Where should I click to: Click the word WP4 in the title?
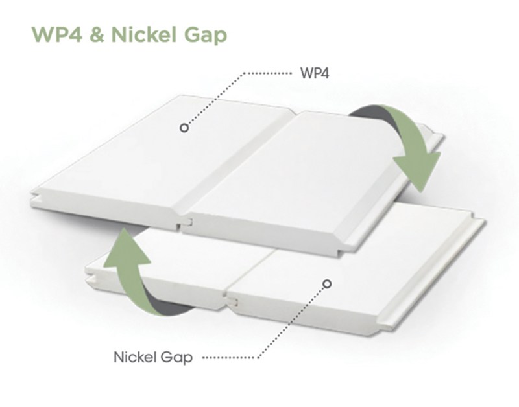pyautogui.click(x=56, y=34)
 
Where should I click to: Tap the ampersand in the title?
pyautogui.click(x=97, y=34)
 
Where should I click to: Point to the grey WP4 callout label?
pyautogui.click(x=315, y=73)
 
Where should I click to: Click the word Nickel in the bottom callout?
pyautogui.click(x=135, y=356)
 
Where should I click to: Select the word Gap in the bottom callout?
pyautogui.click(x=176, y=358)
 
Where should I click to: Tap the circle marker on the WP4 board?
pyautogui.click(x=184, y=128)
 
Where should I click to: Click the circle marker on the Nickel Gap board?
pyautogui.click(x=327, y=284)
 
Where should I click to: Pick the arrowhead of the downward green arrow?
pyautogui.click(x=418, y=171)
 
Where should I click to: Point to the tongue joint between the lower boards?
pyautogui.click(x=231, y=300)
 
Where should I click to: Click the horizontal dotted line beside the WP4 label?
pyautogui.click(x=269, y=73)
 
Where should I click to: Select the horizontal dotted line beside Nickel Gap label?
pyautogui.click(x=228, y=358)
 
